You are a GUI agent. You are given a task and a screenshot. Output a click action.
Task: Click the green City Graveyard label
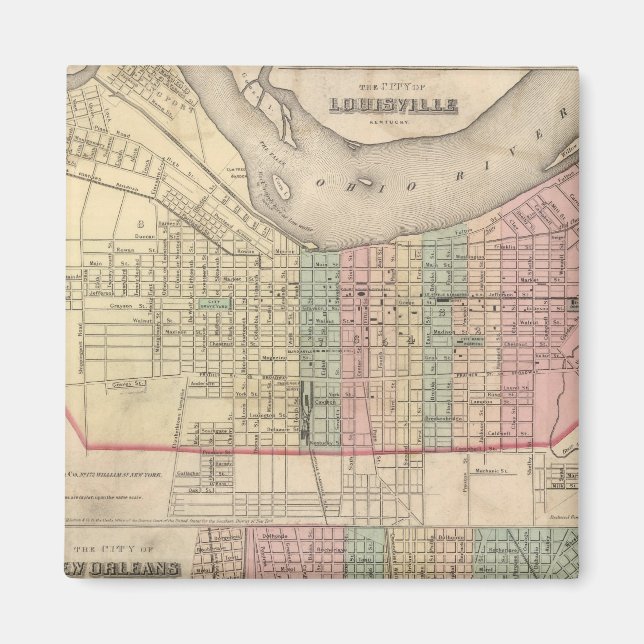click(x=214, y=301)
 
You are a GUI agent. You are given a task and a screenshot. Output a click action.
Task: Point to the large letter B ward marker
click(x=141, y=223)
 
